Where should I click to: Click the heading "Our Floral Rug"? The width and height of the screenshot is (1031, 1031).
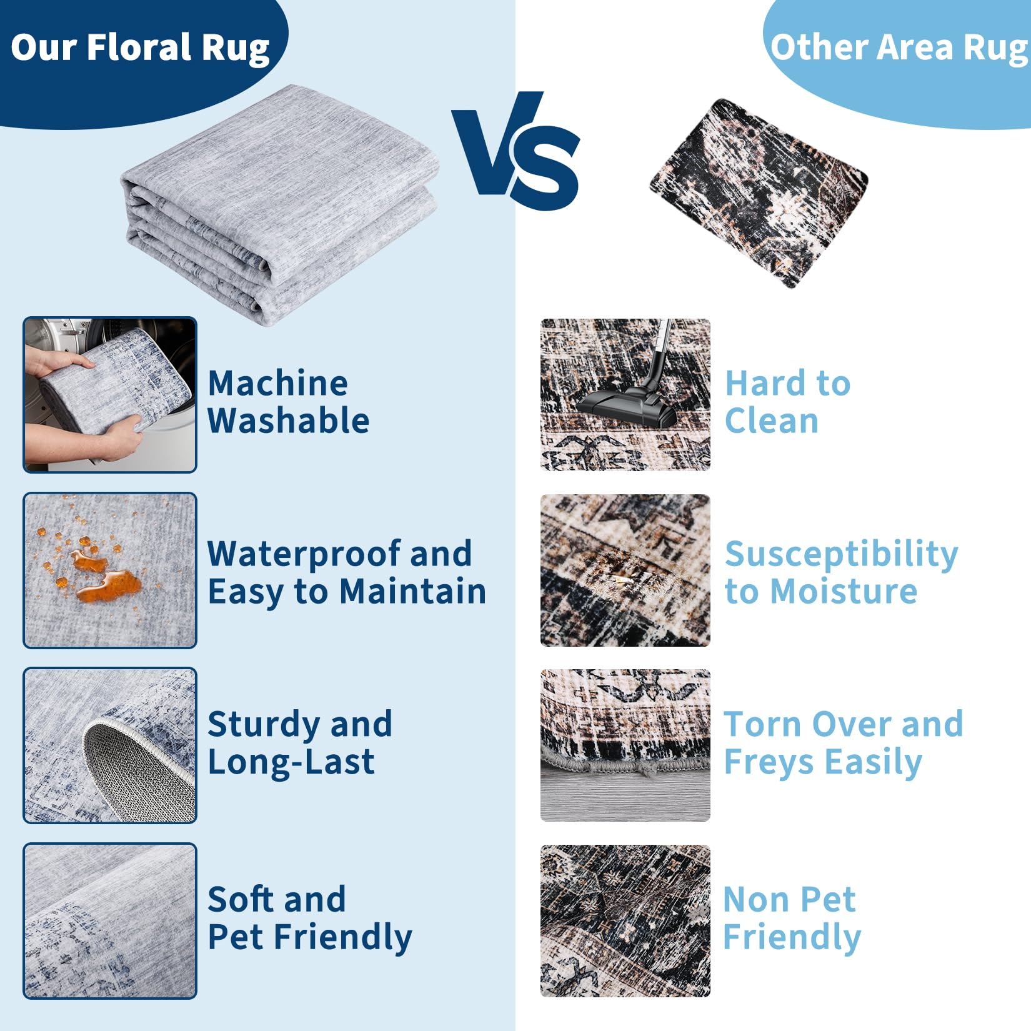pos(140,48)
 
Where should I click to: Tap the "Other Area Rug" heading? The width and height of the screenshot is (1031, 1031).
pos(900,47)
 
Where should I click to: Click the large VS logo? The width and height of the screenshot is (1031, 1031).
pos(516,151)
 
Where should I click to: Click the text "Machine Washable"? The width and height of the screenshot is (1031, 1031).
pos(288,402)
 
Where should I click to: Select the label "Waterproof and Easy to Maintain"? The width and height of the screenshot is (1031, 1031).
pos(347,572)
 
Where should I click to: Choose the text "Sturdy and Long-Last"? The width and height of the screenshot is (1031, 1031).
pos(300,744)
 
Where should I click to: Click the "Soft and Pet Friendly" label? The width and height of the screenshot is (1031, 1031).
pos(310,919)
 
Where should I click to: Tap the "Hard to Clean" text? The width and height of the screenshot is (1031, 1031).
pos(787,402)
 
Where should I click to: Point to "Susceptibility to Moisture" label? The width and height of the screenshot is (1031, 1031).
pos(841,572)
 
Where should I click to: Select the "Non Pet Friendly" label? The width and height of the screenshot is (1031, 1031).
pos(792,919)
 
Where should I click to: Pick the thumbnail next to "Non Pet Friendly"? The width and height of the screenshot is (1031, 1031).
pos(625,921)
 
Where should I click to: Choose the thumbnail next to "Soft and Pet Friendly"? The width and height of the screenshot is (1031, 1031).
pos(110,921)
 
